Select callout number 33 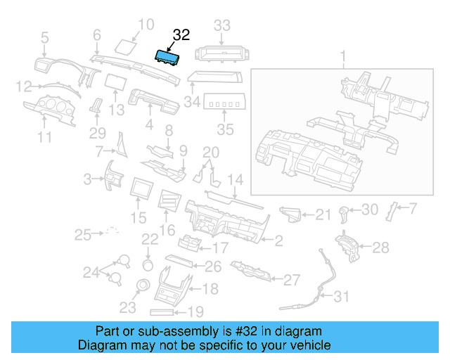[221, 27]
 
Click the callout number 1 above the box [343, 56]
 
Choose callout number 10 [145, 25]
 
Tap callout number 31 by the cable [340, 297]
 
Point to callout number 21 [322, 214]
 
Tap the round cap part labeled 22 [148, 265]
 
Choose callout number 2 [278, 242]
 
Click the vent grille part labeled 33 [221, 52]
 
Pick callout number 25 [84, 234]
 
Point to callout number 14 [234, 179]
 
